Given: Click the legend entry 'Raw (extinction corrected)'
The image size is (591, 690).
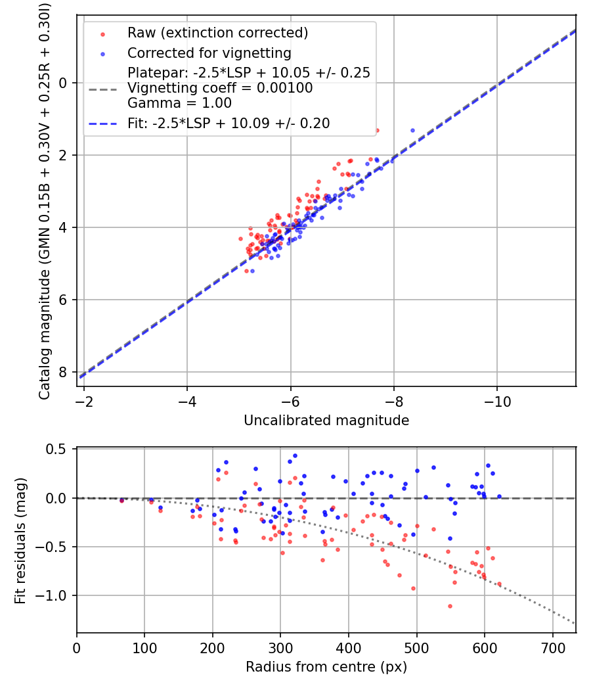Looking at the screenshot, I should click(x=217, y=33).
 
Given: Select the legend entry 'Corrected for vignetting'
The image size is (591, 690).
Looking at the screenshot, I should click(x=209, y=53).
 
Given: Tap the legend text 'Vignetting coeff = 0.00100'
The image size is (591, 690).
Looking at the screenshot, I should click(x=220, y=88).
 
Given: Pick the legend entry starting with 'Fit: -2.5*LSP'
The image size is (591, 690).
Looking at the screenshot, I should click(x=229, y=123).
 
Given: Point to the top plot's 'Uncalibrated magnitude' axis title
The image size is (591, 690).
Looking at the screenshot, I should click(x=326, y=421).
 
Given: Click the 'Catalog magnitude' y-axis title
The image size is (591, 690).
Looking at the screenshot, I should click(x=45, y=199).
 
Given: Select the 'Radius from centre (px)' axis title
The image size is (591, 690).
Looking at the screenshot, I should click(x=326, y=667).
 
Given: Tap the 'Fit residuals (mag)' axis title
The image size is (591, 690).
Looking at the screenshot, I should click(x=20, y=540).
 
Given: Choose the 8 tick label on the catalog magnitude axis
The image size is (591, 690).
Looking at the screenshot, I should click(x=64, y=373).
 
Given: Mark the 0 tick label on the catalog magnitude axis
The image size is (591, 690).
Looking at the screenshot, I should click(x=64, y=83).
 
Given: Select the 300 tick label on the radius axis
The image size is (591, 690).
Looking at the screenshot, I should click(x=280, y=647).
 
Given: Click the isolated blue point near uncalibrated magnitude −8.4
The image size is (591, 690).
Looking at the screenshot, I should click(x=412, y=130).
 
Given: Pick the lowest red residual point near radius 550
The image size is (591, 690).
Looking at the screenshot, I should click(x=450, y=606).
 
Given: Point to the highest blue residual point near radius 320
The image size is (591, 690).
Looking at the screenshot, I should click(x=295, y=455).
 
